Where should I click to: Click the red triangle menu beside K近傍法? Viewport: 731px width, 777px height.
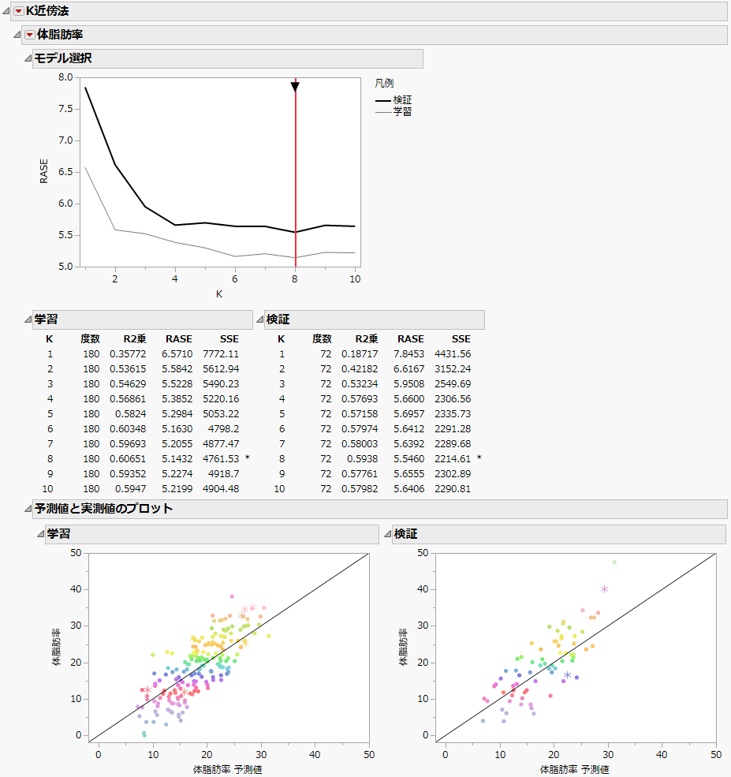click(x=19, y=11)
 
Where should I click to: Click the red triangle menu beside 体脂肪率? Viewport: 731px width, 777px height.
click(x=30, y=35)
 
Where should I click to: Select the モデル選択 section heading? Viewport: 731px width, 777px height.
click(x=63, y=58)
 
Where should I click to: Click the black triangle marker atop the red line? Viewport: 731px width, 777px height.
click(x=295, y=86)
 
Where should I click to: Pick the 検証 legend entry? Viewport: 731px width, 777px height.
click(x=402, y=100)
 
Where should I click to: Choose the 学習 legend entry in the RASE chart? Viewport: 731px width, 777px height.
click(x=402, y=111)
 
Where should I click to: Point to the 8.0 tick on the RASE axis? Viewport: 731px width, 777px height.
click(x=66, y=77)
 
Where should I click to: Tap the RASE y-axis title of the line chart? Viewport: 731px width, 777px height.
click(x=44, y=171)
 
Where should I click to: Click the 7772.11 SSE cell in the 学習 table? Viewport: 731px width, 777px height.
click(x=221, y=354)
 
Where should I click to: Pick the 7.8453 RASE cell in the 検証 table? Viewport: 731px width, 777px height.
click(x=410, y=354)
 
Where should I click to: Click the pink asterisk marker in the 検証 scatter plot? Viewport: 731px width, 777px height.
click(x=605, y=589)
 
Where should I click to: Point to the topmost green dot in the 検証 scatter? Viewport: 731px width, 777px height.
click(x=614, y=562)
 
